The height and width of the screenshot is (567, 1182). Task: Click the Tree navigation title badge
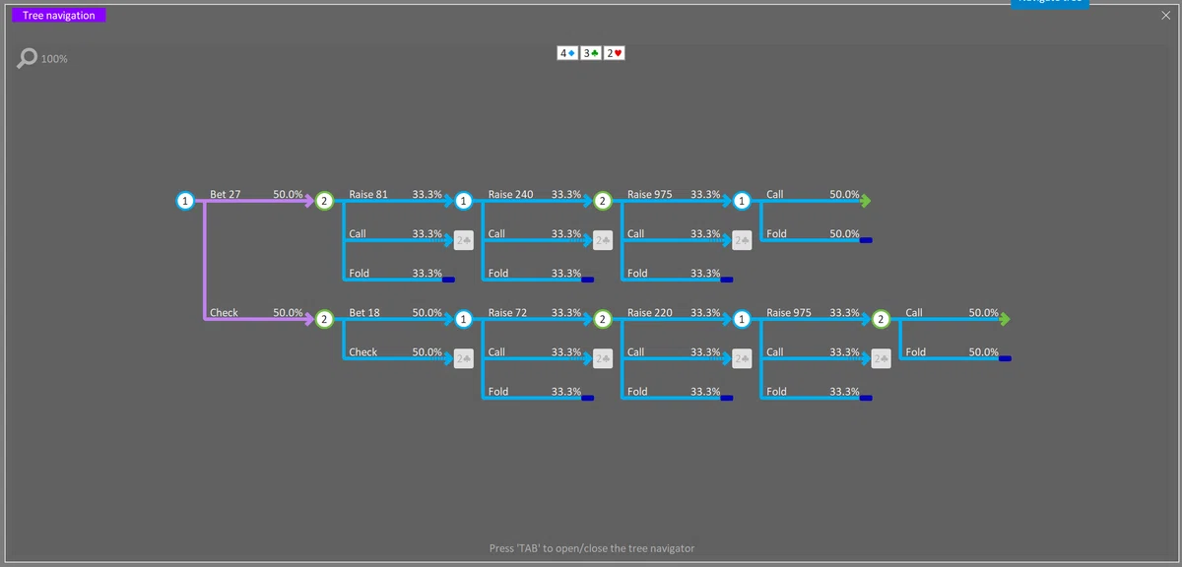coord(58,16)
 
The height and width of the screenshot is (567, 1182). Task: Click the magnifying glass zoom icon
coord(27,58)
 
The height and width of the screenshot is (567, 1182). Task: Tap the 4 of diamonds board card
coord(567,53)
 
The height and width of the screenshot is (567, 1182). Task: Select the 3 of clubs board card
coord(591,53)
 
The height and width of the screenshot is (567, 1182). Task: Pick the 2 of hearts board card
coord(615,53)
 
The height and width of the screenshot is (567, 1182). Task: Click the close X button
coord(1165,16)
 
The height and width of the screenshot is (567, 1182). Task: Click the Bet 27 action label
coord(226,194)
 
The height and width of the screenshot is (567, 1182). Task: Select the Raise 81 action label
coord(368,194)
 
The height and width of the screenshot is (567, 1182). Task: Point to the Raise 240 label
coord(510,194)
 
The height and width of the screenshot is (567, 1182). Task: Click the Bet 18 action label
coord(364,312)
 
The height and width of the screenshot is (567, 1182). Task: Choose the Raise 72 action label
coord(507,312)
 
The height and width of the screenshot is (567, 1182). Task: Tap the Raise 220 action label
coord(649,312)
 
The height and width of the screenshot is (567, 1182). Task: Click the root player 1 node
coord(185,201)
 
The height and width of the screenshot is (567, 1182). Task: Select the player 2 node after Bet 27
coord(324,201)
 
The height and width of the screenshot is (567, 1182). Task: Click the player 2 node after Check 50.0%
coord(324,319)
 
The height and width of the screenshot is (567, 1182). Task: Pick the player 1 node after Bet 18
coord(463,319)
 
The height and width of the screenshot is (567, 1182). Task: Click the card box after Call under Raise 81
coord(463,240)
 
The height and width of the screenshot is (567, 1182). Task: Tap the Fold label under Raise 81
coord(359,274)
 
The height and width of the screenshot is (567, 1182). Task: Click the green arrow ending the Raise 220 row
coord(1005,319)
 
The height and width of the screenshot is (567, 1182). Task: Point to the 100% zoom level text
coord(54,59)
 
